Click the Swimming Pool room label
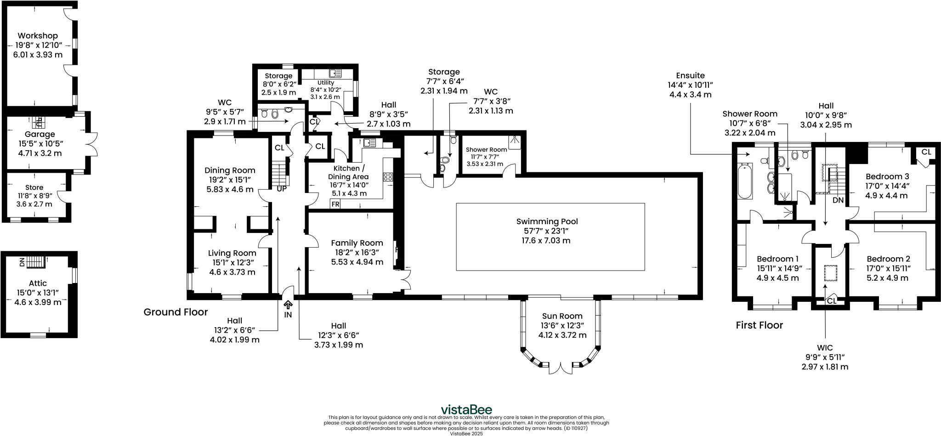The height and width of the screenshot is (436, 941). (x=547, y=221)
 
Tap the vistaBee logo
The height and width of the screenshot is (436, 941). (x=466, y=409)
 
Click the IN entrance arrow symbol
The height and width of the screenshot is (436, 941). (x=288, y=305)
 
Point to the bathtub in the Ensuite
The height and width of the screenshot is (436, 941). (x=745, y=181)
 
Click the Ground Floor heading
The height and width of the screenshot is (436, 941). (x=176, y=312)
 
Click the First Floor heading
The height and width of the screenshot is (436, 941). (x=759, y=325)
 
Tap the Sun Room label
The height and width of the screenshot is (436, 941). (x=562, y=316)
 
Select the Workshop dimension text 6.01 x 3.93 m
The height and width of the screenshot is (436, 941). (x=38, y=55)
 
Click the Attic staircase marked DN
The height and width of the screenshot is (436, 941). (x=35, y=262)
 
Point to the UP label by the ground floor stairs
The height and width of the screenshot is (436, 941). (x=281, y=188)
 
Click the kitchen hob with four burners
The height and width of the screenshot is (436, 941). (x=388, y=176)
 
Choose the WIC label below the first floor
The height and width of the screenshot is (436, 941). (x=825, y=348)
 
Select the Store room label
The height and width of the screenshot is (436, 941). (x=34, y=187)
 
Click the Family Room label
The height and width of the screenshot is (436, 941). (x=357, y=243)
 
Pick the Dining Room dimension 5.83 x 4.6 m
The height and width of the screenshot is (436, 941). (x=229, y=189)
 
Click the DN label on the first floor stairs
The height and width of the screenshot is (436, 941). (x=838, y=200)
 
